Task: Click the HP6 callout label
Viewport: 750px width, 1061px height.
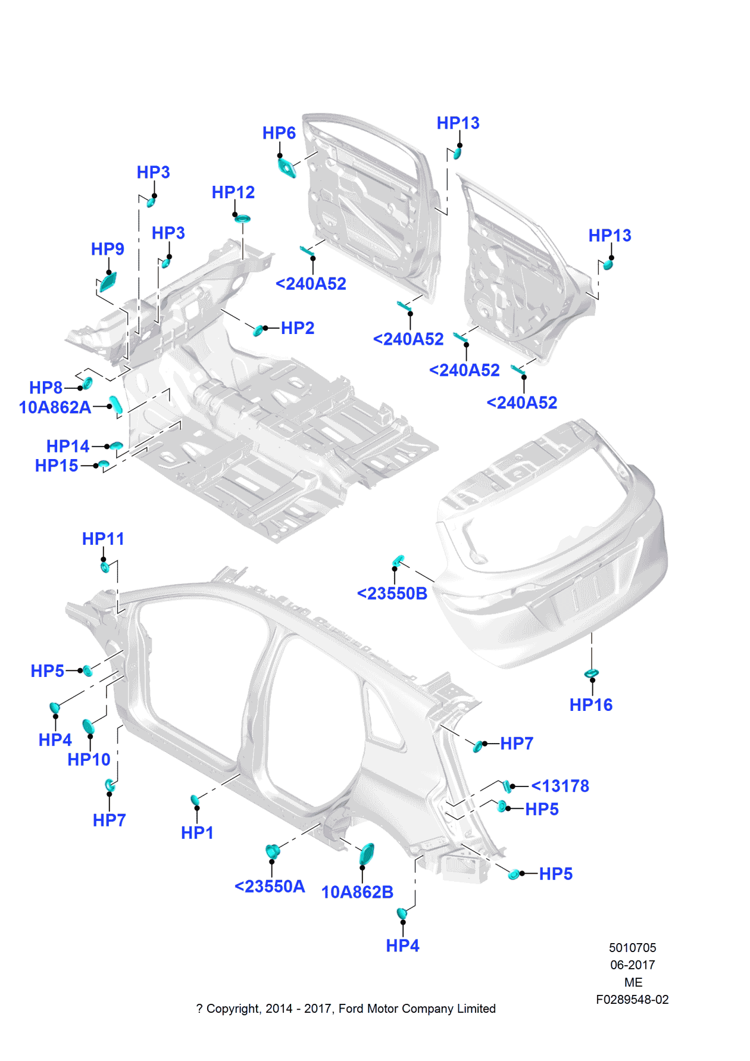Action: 279,133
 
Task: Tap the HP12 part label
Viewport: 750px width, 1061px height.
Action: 233,193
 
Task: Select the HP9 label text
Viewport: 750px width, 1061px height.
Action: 107,249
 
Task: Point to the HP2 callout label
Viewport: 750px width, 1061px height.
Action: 297,328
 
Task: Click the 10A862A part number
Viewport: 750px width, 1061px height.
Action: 55,408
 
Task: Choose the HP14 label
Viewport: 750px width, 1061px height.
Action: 68,447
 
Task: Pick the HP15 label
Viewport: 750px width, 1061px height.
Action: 57,466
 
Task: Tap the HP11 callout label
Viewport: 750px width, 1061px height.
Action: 103,539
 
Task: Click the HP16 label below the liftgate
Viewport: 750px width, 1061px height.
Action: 590,706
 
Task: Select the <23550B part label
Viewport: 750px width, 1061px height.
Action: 392,594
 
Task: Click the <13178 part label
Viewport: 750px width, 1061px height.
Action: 560,787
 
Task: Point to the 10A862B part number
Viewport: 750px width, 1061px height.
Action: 357,893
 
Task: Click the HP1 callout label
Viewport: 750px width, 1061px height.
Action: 197,833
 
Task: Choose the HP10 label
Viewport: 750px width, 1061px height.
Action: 89,760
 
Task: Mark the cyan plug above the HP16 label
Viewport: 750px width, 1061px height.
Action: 591,673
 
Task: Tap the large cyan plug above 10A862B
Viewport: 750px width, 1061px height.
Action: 367,854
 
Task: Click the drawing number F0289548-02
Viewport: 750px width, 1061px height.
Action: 632,1000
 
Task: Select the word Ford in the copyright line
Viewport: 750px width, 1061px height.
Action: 351,1009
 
